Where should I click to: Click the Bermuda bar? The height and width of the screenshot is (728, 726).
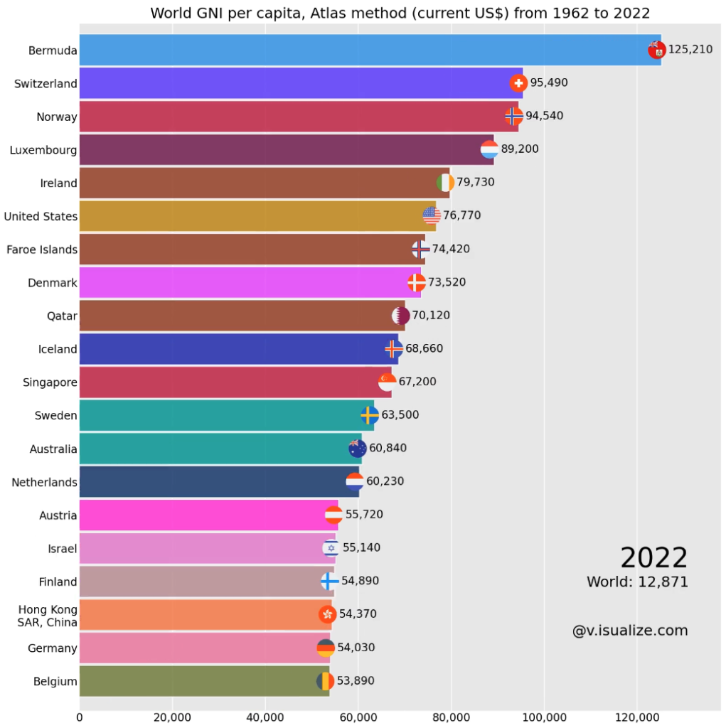click(370, 50)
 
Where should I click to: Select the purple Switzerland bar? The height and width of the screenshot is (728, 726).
click(301, 83)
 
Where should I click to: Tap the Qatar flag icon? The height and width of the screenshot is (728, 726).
click(401, 316)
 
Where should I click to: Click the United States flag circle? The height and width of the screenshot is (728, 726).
click(432, 215)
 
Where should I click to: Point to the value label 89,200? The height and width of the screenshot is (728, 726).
click(520, 149)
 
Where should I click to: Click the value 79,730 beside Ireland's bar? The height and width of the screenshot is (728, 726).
click(476, 182)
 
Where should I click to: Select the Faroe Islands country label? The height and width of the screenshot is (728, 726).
click(42, 250)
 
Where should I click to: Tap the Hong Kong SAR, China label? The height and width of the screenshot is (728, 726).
click(48, 616)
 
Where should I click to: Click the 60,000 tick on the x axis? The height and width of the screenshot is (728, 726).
click(358, 717)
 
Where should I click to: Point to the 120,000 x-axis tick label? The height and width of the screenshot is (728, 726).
click(637, 717)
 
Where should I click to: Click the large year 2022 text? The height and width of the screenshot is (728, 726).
click(654, 557)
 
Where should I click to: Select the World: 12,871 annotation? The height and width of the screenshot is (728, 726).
click(637, 582)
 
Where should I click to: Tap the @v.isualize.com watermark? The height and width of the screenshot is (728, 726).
click(630, 631)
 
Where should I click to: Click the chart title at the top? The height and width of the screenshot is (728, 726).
click(400, 13)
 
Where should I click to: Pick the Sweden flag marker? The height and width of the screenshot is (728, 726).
click(370, 415)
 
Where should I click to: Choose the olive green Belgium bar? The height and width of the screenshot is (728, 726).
click(204, 681)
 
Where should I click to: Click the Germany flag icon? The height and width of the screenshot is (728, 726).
click(326, 648)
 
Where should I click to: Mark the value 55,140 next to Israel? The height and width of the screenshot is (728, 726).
click(361, 548)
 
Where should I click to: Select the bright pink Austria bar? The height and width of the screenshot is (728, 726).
click(209, 515)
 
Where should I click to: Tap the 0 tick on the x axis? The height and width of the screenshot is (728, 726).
click(80, 717)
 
